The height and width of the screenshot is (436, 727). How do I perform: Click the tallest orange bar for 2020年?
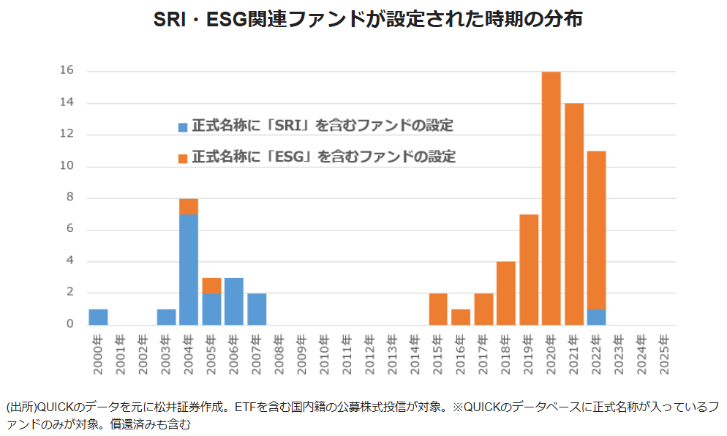pyautogui.click(x=551, y=198)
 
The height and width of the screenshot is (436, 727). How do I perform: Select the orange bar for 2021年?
pyautogui.click(x=573, y=214)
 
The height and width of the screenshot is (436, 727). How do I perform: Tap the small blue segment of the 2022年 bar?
pyautogui.click(x=596, y=317)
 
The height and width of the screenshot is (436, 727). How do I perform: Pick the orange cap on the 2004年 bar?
pyautogui.click(x=189, y=206)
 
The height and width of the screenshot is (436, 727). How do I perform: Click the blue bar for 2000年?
pyautogui.click(x=98, y=317)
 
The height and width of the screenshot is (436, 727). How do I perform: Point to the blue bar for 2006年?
pyautogui.click(x=234, y=301)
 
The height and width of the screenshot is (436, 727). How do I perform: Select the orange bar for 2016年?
pyautogui.click(x=460, y=317)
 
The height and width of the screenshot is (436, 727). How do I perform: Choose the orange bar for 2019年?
pyautogui.click(x=528, y=269)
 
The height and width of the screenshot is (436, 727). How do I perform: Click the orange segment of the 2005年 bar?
pyautogui.click(x=211, y=285)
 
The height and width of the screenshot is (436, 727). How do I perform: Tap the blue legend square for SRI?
pyautogui.click(x=183, y=127)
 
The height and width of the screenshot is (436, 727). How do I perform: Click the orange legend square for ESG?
pyautogui.click(x=183, y=157)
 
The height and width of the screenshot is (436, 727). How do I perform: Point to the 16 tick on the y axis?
pyautogui.click(x=67, y=71)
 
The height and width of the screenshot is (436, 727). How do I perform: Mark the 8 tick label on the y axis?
pyautogui.click(x=71, y=198)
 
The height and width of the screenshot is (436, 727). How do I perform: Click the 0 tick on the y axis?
pyautogui.click(x=71, y=324)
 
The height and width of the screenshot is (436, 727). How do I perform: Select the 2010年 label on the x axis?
pyautogui.click(x=325, y=354)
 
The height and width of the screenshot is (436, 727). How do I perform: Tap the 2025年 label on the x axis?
pyautogui.click(x=664, y=354)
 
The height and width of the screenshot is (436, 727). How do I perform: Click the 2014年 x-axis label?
pyautogui.click(x=415, y=354)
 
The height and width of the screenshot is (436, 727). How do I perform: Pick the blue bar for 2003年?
pyautogui.click(x=166, y=317)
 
